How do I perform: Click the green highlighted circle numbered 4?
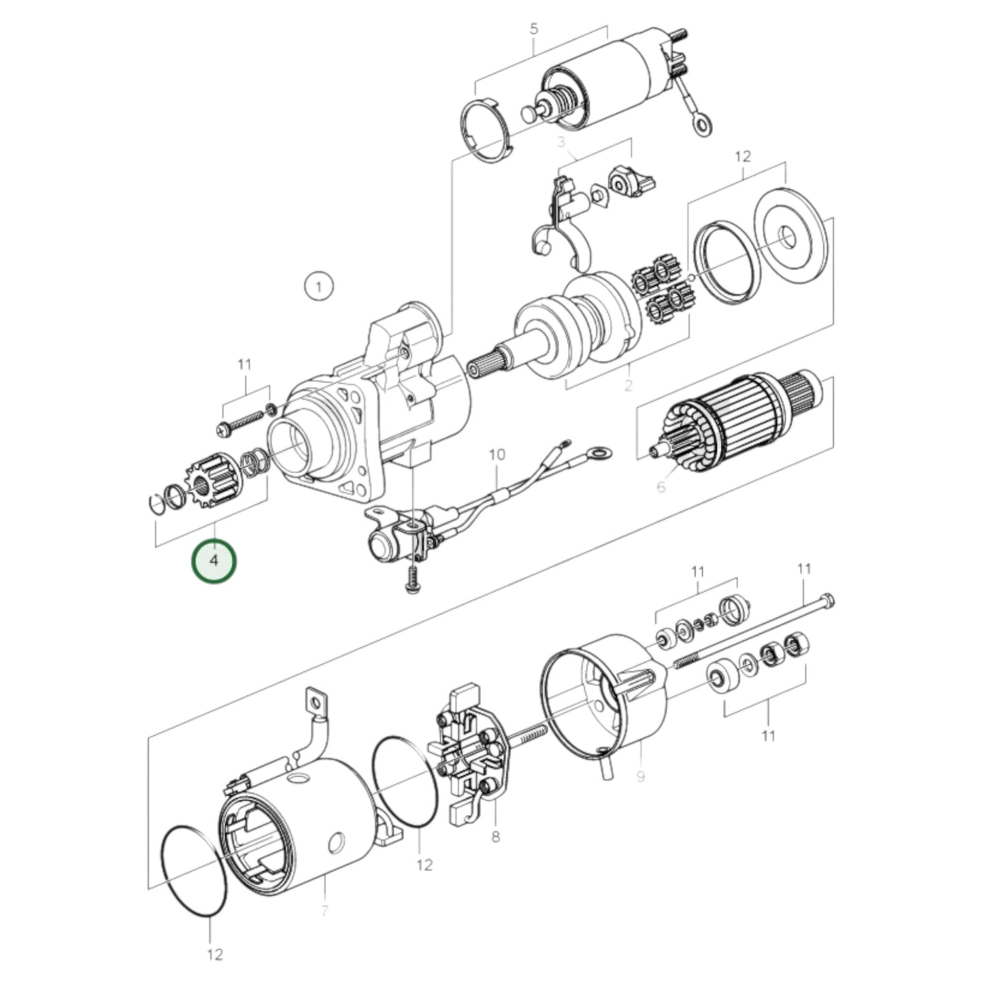point(214,561)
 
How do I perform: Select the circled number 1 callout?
point(318,286)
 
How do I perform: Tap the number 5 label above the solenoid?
point(533,29)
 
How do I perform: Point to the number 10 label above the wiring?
point(497,454)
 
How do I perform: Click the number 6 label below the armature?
point(661,486)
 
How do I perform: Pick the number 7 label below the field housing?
point(324,910)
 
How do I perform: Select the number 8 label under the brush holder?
point(495,836)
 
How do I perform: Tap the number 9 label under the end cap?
point(640,776)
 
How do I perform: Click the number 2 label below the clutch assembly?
point(628,386)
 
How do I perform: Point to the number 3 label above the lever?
point(561,142)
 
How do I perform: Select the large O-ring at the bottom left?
point(194,871)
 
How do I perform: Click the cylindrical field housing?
point(299,823)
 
